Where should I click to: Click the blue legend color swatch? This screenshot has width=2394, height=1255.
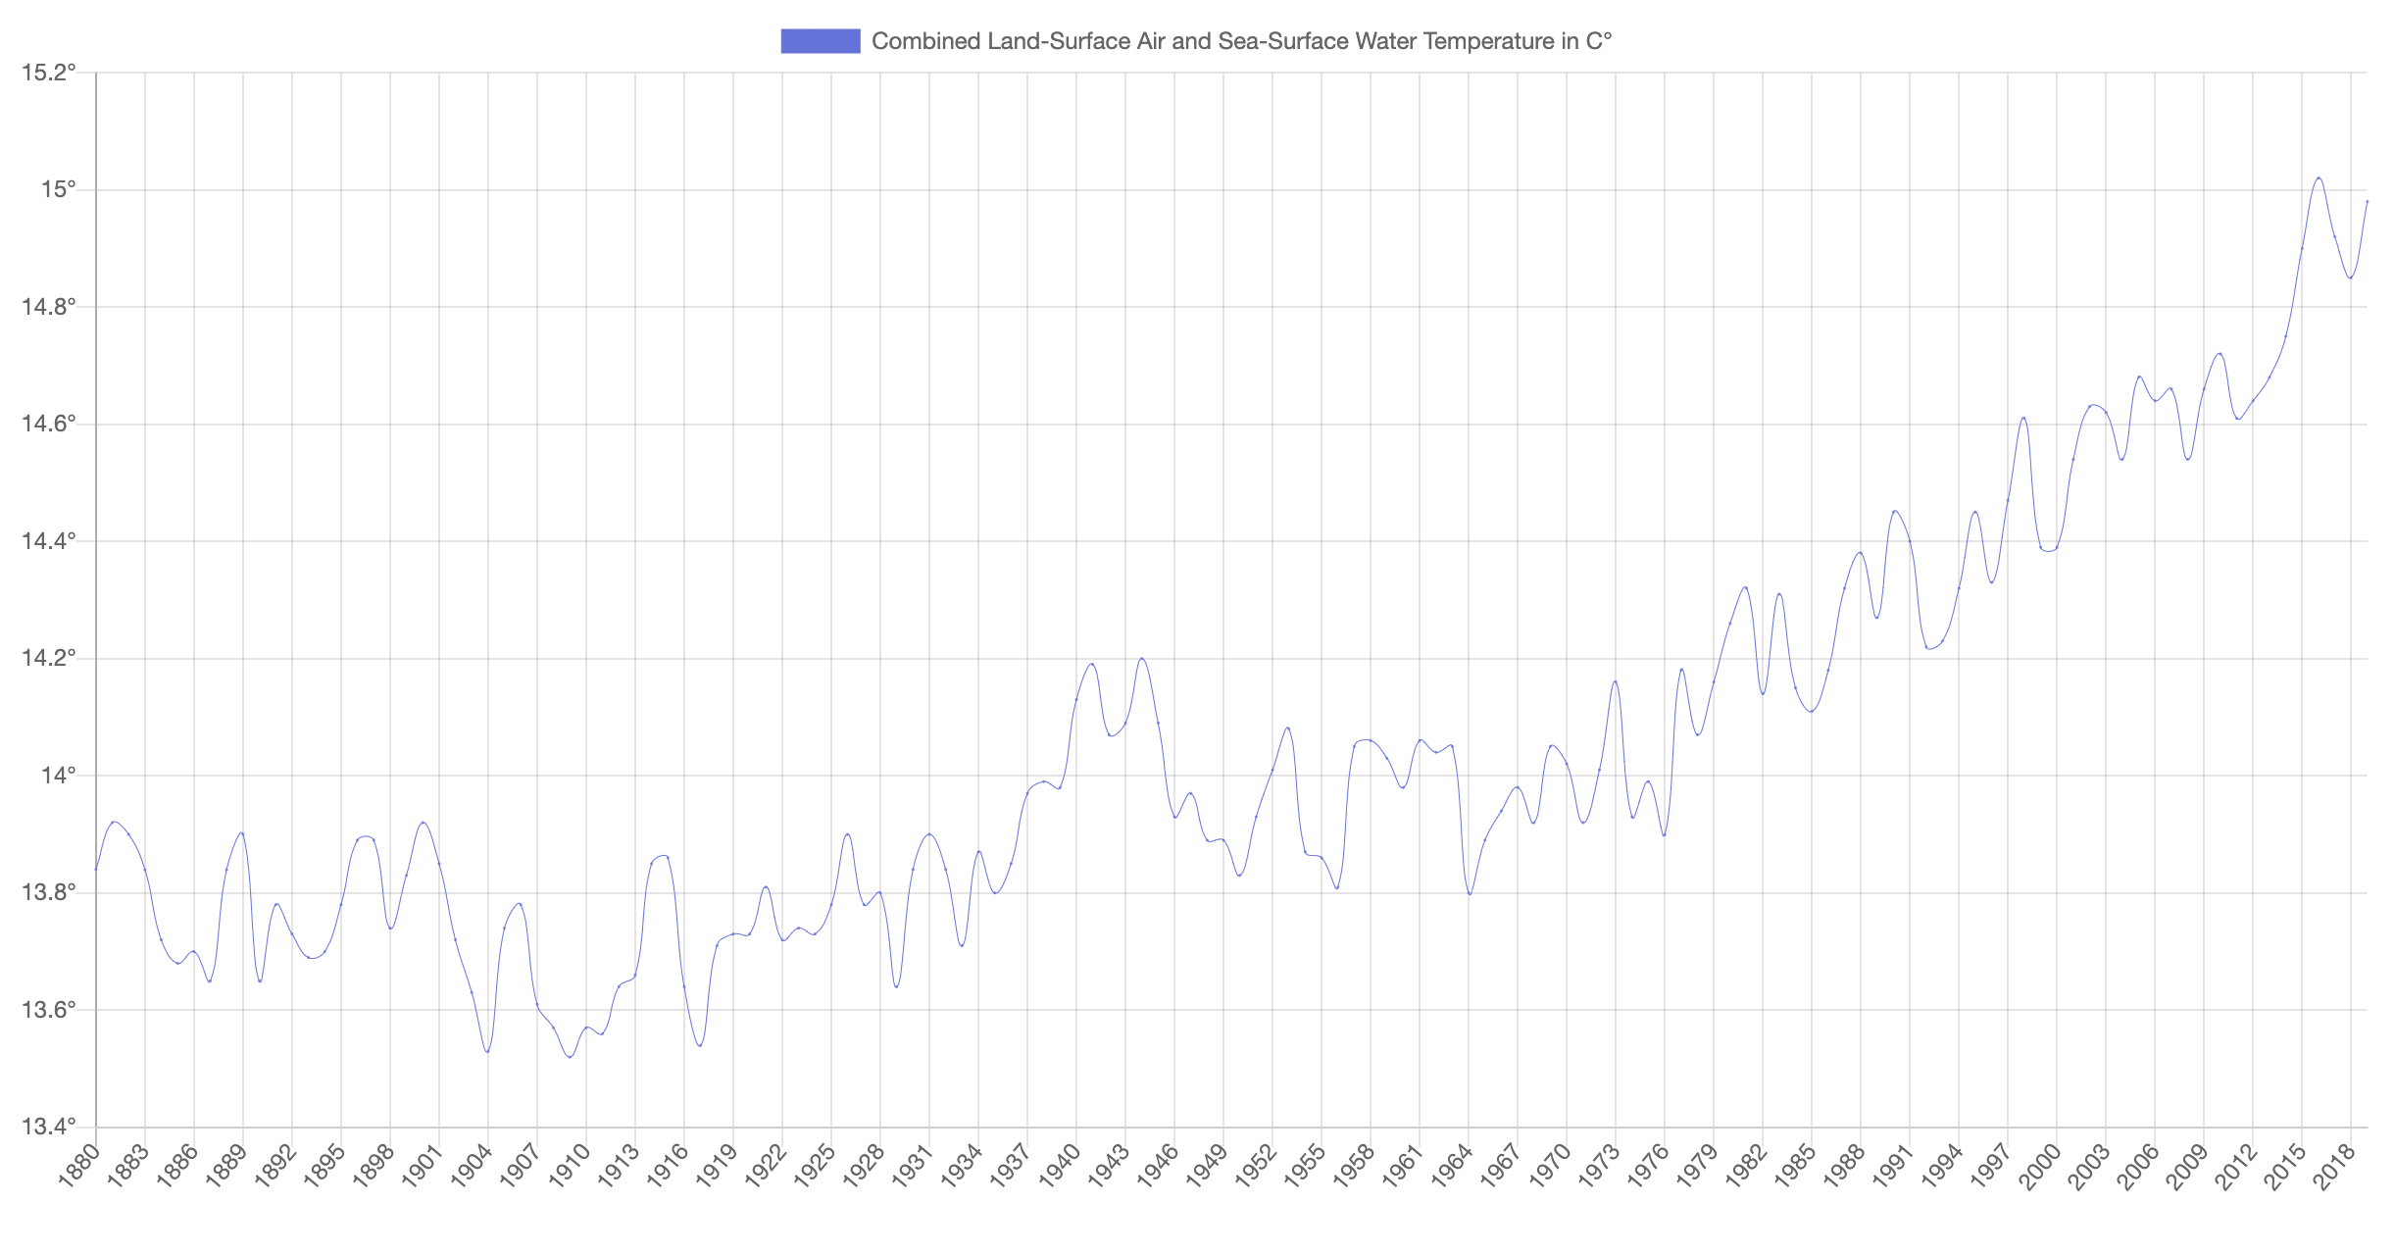[x=820, y=41]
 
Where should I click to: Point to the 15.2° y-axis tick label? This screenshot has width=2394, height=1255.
[x=48, y=73]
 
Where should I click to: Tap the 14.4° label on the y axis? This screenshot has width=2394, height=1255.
[x=48, y=541]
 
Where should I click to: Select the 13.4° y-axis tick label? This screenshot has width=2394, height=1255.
[x=48, y=1127]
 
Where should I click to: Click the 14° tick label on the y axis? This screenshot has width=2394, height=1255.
[x=58, y=776]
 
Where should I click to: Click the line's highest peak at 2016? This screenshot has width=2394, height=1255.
[x=2319, y=177]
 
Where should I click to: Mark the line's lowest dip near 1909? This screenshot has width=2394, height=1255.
[x=570, y=1057]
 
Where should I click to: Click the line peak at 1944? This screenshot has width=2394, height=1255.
[x=1142, y=658]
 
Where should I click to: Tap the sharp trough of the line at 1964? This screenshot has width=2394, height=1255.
[x=1469, y=893]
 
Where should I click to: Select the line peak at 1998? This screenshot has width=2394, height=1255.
[x=2023, y=418]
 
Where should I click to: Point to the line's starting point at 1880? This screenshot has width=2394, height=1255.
[x=96, y=870]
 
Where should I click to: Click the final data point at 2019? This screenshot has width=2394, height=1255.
[x=2368, y=201]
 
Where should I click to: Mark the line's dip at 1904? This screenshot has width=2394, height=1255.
[x=487, y=1052]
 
